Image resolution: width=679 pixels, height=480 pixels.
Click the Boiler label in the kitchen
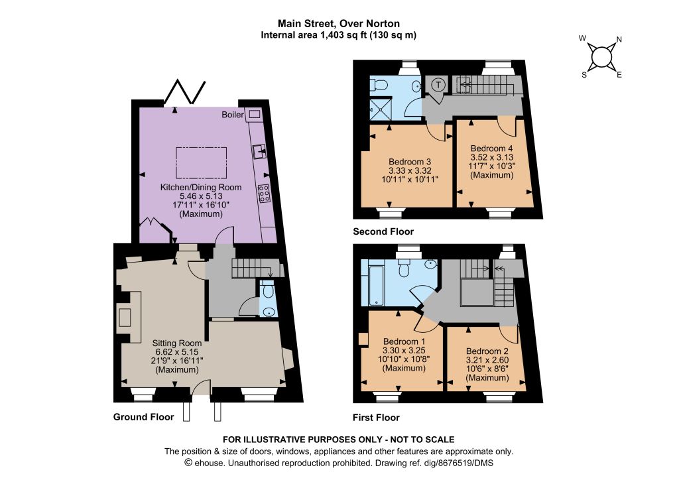pyautogui.click(x=233, y=115)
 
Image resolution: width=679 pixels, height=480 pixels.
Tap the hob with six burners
pyautogui.click(x=264, y=194)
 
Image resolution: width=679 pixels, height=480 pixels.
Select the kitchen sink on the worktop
pyautogui.click(x=260, y=151)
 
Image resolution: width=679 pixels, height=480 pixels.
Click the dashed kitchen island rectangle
pyautogui.click(x=202, y=162)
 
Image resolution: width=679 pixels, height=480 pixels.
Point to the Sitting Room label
pyautogui.click(x=176, y=343)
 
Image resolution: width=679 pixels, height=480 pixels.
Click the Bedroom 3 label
pyautogui.click(x=410, y=162)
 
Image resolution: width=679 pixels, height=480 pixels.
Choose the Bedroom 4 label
pyautogui.click(x=491, y=149)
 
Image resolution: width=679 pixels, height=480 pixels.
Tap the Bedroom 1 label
pyautogui.click(x=404, y=341)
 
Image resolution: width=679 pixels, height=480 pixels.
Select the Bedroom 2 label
pyautogui.click(x=487, y=351)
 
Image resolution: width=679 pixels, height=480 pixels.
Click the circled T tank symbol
pyautogui.click(x=438, y=84)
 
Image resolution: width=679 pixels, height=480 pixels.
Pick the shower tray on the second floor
pyautogui.click(x=381, y=109)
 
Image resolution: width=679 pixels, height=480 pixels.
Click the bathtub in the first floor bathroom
pyautogui.click(x=375, y=285)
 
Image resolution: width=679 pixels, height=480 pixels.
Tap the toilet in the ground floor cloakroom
pyautogui.click(x=268, y=290)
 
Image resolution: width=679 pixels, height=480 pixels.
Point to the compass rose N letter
pyautogui.click(x=619, y=39)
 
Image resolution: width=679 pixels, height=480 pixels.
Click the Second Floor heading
pyautogui.click(x=383, y=231)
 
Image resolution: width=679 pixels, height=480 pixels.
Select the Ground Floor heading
pyautogui.click(x=143, y=417)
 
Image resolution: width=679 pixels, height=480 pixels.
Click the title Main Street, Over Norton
pyautogui.click(x=339, y=23)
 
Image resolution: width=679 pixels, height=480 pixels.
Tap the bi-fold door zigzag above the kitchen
pyautogui.click(x=185, y=91)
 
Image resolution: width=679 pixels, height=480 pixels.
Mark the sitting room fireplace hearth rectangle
pyautogui.click(x=125, y=318)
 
